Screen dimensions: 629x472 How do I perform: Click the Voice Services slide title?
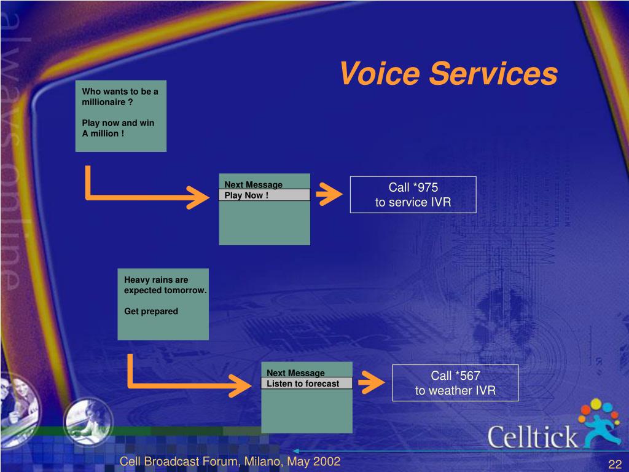(x=448, y=73)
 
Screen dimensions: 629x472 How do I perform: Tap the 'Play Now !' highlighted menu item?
(x=264, y=195)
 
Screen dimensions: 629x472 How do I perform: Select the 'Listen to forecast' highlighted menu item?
(x=307, y=383)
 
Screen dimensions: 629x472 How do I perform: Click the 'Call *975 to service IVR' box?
(x=413, y=195)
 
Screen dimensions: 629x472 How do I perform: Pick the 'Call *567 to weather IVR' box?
(x=455, y=383)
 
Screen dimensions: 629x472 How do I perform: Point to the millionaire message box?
(x=121, y=116)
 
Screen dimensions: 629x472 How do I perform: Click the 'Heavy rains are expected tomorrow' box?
(x=163, y=304)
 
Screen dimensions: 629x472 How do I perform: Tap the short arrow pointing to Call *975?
(x=329, y=194)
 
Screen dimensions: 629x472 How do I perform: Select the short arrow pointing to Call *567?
(x=372, y=382)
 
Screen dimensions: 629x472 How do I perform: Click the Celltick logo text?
(x=533, y=437)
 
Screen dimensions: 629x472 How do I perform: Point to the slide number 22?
(x=615, y=465)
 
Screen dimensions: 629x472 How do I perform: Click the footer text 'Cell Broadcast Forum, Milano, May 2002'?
(x=230, y=462)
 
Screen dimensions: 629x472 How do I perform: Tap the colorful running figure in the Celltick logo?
(x=601, y=423)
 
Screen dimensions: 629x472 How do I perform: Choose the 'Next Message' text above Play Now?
(x=253, y=184)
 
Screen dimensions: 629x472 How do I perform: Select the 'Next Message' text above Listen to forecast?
(x=295, y=373)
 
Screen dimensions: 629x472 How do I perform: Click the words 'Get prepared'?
(x=151, y=311)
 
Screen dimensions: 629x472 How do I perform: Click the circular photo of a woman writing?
(x=88, y=422)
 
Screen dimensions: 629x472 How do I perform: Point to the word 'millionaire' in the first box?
(x=103, y=102)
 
